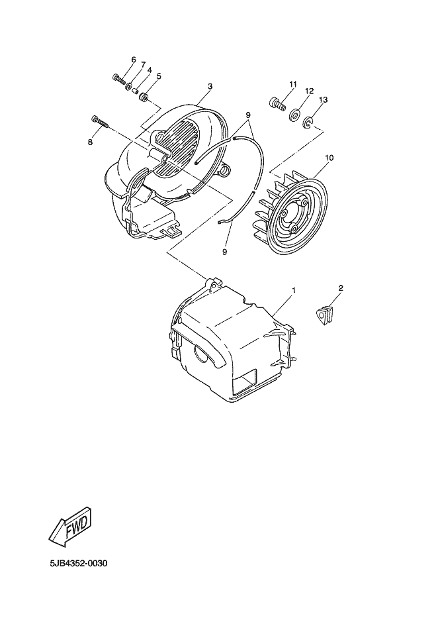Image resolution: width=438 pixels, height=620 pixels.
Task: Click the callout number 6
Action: (133, 60)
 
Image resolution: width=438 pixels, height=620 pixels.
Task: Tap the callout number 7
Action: (142, 64)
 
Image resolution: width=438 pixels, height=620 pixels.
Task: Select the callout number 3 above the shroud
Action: (210, 87)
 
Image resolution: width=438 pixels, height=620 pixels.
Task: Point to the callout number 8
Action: (91, 141)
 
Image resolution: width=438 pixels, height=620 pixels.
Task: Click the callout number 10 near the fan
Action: (329, 158)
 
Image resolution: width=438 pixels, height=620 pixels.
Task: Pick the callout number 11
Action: (292, 82)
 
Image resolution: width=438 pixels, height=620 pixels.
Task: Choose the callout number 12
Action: (309, 91)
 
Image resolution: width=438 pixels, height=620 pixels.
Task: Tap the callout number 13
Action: (323, 99)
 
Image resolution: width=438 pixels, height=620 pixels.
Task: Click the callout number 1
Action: (294, 290)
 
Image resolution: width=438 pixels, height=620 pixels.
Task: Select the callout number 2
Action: (341, 288)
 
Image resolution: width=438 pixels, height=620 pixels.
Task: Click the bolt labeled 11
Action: (276, 103)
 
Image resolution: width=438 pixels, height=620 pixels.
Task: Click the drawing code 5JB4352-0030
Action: (78, 564)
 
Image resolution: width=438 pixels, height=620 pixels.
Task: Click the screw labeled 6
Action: (118, 79)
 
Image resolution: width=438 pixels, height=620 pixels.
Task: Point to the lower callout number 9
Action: (224, 252)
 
